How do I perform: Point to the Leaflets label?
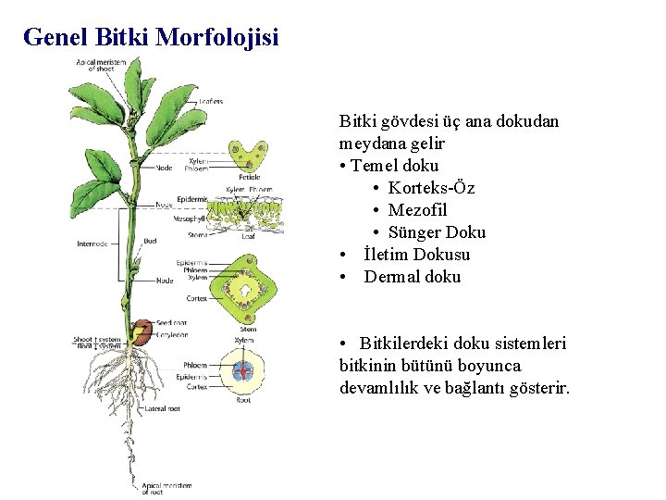tap(211, 102)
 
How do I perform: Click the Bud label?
tap(150, 241)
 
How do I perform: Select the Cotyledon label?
tap(173, 332)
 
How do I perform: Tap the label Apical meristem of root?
tap(166, 488)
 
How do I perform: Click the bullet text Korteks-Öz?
tap(431, 188)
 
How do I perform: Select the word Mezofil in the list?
tap(417, 210)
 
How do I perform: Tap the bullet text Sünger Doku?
tap(436, 232)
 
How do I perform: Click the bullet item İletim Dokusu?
tap(416, 255)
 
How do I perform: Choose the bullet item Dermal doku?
tap(412, 277)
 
